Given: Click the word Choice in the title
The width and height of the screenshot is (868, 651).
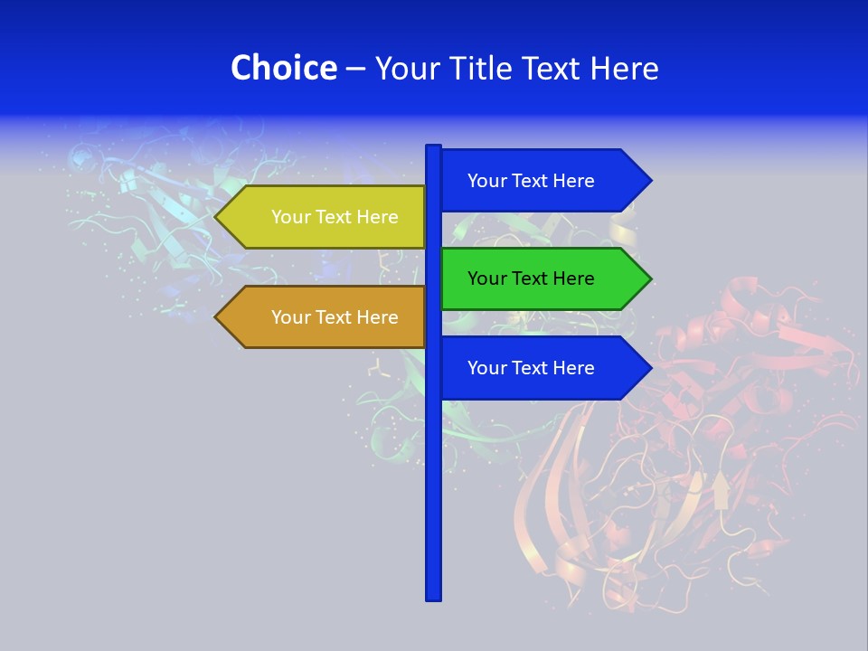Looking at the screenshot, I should click(x=283, y=68).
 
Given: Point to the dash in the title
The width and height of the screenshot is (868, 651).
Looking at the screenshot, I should click(x=355, y=69).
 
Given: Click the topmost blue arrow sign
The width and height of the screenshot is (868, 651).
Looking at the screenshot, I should click(x=542, y=181).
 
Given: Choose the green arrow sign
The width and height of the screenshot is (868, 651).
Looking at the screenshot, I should click(x=542, y=278).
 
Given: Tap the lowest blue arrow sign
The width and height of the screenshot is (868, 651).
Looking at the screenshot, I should click(x=542, y=368).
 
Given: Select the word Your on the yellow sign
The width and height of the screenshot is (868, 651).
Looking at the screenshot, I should click(x=291, y=217).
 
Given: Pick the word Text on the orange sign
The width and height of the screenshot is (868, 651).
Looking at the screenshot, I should click(x=335, y=317).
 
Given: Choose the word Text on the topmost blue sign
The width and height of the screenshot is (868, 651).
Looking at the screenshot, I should click(x=531, y=181).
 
